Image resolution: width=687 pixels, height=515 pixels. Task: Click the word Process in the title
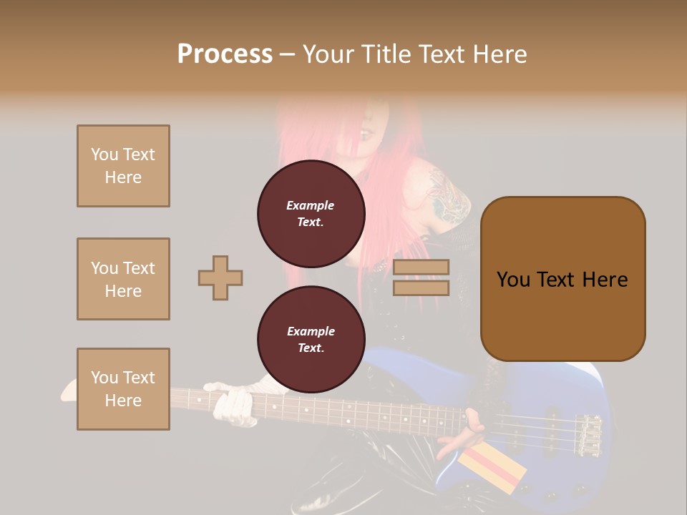pyautogui.click(x=225, y=54)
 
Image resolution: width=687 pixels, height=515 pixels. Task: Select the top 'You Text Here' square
pyautogui.click(x=123, y=166)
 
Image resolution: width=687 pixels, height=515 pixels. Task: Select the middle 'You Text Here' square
pyautogui.click(x=123, y=279)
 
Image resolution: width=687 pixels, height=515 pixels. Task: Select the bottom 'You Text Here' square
pyautogui.click(x=123, y=389)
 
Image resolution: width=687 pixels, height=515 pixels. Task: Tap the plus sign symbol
pyautogui.click(x=220, y=278)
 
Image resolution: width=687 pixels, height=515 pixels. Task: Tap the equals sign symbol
pyautogui.click(x=421, y=278)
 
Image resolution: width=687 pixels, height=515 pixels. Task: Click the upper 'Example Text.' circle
pyautogui.click(x=311, y=213)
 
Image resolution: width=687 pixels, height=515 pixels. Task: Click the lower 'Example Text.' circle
pyautogui.click(x=311, y=339)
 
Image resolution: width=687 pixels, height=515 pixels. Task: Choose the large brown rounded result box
pyautogui.click(x=562, y=279)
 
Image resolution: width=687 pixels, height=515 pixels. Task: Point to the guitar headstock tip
pyautogui.click(x=68, y=392)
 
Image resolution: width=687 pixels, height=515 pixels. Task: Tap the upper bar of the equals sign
pyautogui.click(x=421, y=268)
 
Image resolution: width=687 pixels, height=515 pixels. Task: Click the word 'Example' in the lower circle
pyautogui.click(x=311, y=331)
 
